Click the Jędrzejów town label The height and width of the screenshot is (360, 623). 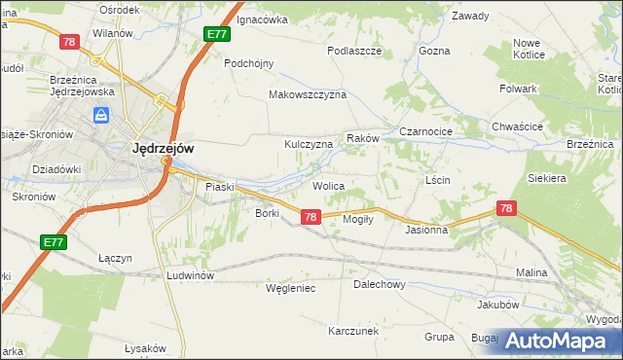point(163,149)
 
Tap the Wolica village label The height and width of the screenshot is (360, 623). point(329,185)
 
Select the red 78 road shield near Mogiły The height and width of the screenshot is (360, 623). point(310,218)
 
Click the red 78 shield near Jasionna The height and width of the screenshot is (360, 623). point(505,208)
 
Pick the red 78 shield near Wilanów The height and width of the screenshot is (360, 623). point(68,42)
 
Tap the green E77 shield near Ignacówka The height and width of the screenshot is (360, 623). point(217,34)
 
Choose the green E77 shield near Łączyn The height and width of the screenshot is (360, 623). point(54,241)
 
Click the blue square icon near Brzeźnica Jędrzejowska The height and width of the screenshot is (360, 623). point(101,116)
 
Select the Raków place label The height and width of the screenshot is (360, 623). point(362,139)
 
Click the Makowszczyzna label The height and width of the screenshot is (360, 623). point(308,95)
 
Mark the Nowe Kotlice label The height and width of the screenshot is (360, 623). point(527,49)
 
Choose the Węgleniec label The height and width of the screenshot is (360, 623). point(290,288)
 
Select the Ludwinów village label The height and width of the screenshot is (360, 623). point(190,275)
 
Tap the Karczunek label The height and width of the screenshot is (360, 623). point(352,331)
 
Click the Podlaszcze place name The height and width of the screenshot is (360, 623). point(353,51)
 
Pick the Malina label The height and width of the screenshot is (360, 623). point(531,273)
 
